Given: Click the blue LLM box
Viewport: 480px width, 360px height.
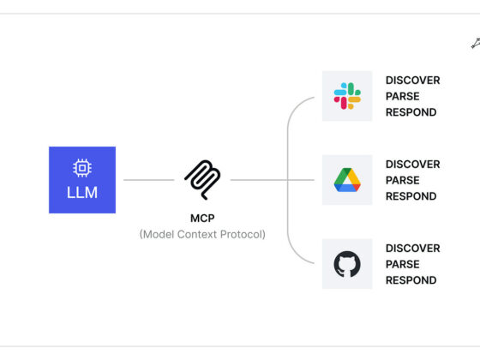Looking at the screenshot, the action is (82, 180).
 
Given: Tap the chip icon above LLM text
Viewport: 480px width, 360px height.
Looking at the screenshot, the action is (82, 168).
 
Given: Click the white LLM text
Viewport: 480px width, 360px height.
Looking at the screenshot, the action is (82, 193).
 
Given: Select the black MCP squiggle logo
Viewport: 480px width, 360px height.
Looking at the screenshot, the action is (202, 180).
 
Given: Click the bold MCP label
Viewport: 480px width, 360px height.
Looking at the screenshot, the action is (202, 219).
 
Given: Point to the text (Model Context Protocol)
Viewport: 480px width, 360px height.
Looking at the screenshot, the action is (202, 235).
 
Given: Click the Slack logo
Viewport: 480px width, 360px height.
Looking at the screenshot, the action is (347, 96).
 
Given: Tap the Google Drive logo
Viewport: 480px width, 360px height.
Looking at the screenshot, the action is (347, 180).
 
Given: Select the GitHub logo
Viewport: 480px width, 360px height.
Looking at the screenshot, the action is (347, 264).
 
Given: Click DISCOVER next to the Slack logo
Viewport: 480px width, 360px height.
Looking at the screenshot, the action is (412, 81).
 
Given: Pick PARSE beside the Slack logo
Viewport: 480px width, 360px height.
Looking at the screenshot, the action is (403, 96).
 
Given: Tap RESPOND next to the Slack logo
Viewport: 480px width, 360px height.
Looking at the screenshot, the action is (411, 112).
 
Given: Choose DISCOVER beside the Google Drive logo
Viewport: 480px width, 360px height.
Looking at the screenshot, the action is (412, 164).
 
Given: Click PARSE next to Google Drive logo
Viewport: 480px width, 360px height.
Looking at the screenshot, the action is (403, 180).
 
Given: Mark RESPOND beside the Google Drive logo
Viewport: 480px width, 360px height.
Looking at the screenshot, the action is (411, 196).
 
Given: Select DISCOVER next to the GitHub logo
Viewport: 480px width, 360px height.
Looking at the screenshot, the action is (412, 249).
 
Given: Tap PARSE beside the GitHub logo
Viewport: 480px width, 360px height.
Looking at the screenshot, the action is (403, 264).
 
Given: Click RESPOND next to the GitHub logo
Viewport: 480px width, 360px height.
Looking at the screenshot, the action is (411, 280).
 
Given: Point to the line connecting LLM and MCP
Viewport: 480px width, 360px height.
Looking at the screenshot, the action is (149, 180).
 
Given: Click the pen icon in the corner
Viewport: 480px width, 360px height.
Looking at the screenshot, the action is (476, 44).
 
